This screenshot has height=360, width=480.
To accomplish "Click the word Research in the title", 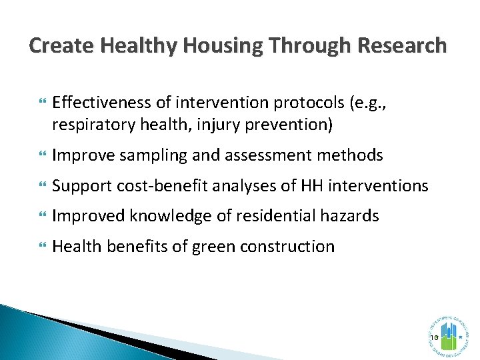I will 402,45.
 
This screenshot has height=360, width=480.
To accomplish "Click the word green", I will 212,247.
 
